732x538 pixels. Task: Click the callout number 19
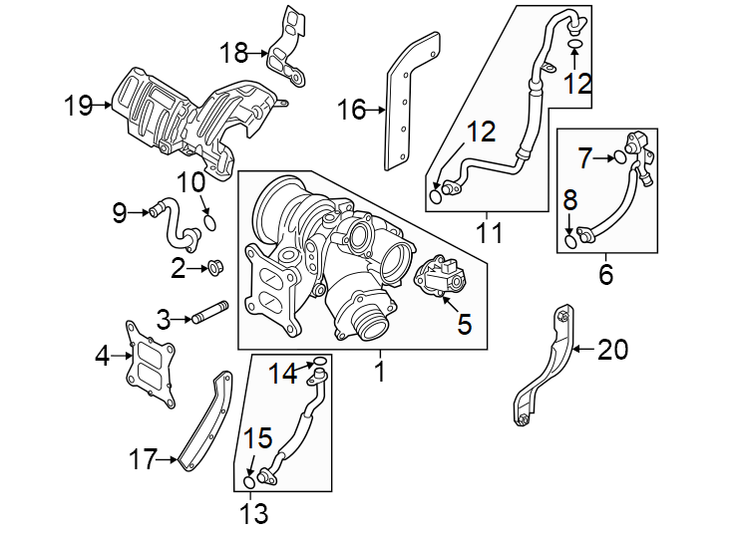[78, 104]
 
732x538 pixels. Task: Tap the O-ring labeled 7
[619, 156]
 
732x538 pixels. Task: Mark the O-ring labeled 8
[570, 239]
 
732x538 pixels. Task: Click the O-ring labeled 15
[249, 483]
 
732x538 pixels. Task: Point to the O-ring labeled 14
[319, 361]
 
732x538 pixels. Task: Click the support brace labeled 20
[547, 369]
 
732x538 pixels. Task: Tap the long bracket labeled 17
[205, 423]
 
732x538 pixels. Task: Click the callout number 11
[488, 234]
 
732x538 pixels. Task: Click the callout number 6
[605, 274]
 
